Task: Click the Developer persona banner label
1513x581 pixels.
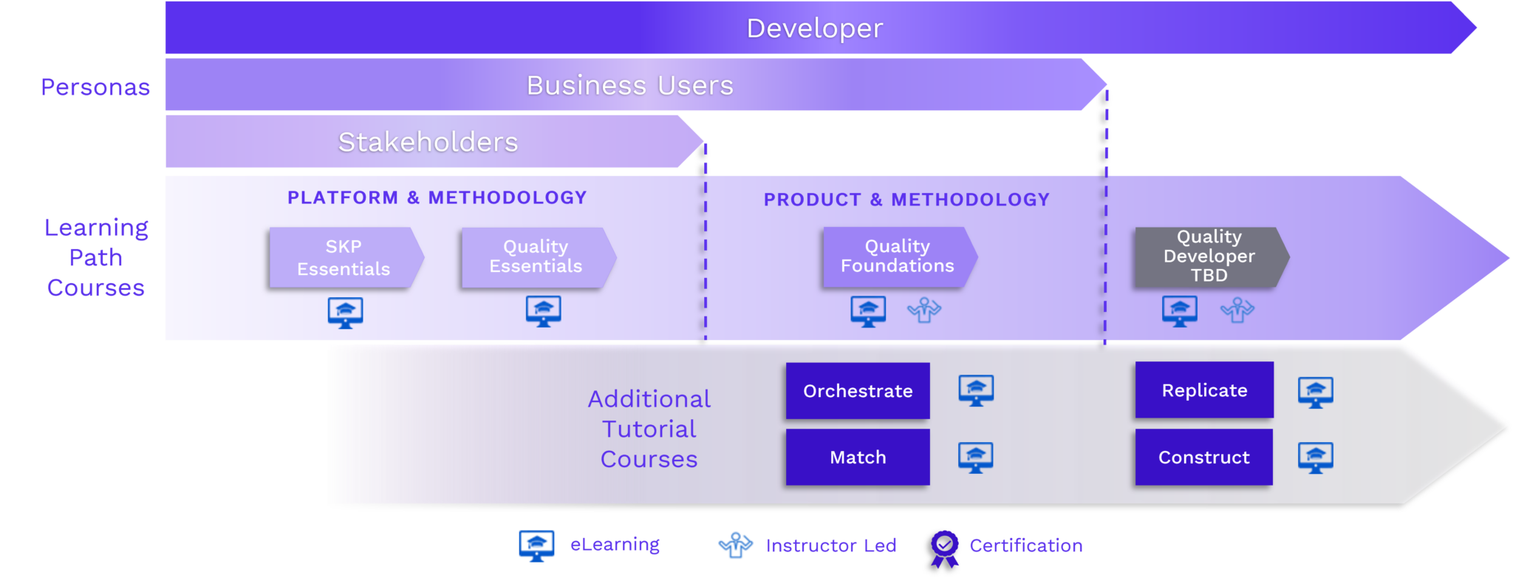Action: (814, 28)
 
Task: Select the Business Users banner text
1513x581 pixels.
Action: (629, 85)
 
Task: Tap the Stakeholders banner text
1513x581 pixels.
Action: (428, 141)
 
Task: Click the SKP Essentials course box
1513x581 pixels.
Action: (344, 257)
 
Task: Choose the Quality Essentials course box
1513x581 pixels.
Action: (536, 256)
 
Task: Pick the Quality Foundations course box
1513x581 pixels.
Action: (897, 256)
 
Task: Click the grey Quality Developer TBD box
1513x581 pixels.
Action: (1209, 256)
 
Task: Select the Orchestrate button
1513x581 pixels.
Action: (858, 390)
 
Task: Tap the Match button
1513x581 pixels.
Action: (858, 457)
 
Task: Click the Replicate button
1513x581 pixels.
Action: (1204, 390)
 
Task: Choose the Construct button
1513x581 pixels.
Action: (1203, 457)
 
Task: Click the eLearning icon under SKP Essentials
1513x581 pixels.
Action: (345, 312)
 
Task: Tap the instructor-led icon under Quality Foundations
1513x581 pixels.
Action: (923, 310)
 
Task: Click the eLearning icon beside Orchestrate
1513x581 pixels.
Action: (976, 390)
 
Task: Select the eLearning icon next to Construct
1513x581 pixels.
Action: (1315, 458)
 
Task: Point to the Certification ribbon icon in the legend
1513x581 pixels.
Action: (945, 548)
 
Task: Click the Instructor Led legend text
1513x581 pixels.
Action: (830, 546)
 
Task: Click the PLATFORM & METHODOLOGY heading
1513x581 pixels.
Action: (437, 197)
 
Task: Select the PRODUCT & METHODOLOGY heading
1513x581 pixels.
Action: (906, 200)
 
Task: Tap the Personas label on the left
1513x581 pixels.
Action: (95, 87)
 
